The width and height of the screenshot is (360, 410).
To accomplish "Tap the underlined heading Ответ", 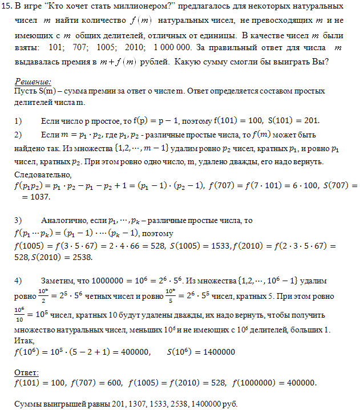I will (x=26, y=372).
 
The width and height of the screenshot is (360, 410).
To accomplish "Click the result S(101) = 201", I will (x=294, y=120).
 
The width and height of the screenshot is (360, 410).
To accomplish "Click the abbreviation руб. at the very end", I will (x=227, y=404).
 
